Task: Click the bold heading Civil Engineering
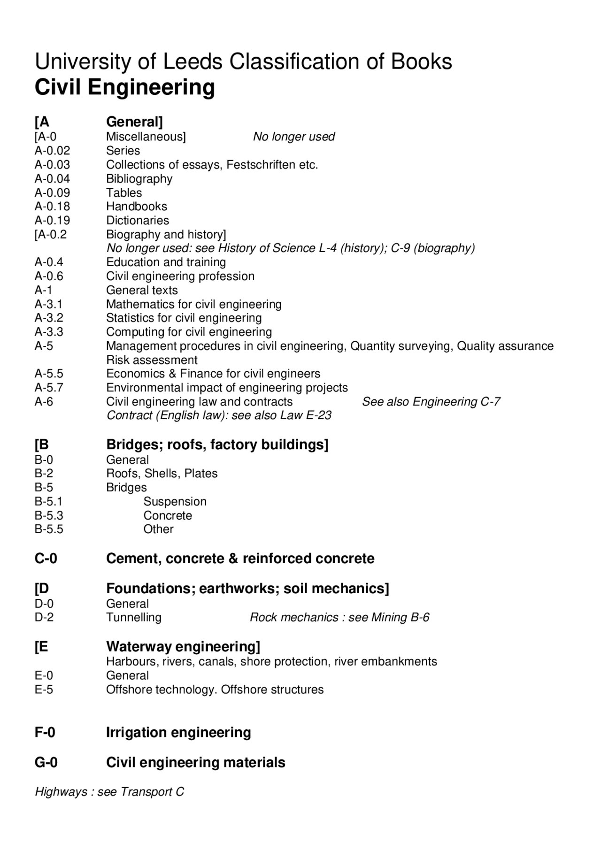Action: [x=125, y=87]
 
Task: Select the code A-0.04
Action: [x=52, y=179]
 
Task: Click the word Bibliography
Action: [x=139, y=179]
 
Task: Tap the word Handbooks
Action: [x=136, y=207]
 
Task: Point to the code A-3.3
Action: [x=49, y=332]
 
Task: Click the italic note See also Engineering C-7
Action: [x=431, y=402]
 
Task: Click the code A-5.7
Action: [x=49, y=388]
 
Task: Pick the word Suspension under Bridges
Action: [x=175, y=502]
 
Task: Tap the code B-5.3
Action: [x=49, y=515]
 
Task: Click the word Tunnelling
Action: [x=133, y=618]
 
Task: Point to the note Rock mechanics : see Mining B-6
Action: [x=339, y=618]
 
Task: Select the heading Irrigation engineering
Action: [x=178, y=733]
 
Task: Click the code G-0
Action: [x=46, y=762]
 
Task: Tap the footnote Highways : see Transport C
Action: [x=109, y=792]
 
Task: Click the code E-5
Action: [x=44, y=689]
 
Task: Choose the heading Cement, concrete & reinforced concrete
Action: [x=240, y=559]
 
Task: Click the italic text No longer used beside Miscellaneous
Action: [x=293, y=137]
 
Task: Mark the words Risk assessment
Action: [x=152, y=360]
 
